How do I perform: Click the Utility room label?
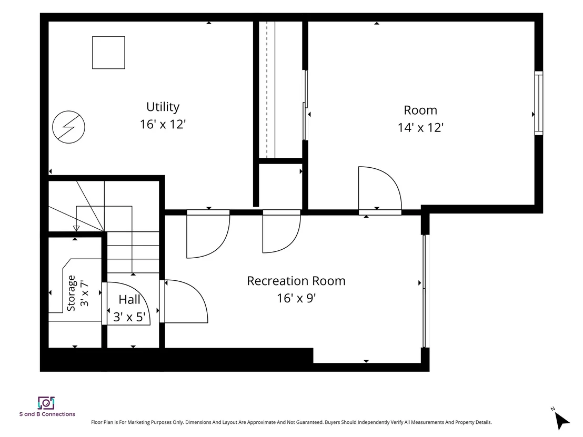pyautogui.click(x=163, y=107)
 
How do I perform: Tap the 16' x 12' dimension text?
pyautogui.click(x=163, y=124)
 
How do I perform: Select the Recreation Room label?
pyautogui.click(x=296, y=281)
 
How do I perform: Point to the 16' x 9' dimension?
pyautogui.click(x=296, y=298)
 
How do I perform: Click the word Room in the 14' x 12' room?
pyautogui.click(x=420, y=110)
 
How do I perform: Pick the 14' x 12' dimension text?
pyautogui.click(x=420, y=127)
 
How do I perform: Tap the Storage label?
pyautogui.click(x=71, y=293)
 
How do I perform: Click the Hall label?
pyautogui.click(x=129, y=300)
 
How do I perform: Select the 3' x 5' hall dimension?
pyautogui.click(x=129, y=317)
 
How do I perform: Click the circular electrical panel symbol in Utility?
pyautogui.click(x=69, y=127)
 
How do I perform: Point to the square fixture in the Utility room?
pyautogui.click(x=108, y=53)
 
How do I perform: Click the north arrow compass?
pyautogui.click(x=561, y=420)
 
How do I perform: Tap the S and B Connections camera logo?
pyautogui.click(x=46, y=403)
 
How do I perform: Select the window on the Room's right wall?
pyautogui.click(x=538, y=103)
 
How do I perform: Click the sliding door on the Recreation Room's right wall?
pyautogui.click(x=424, y=291)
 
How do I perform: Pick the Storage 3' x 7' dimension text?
pyautogui.click(x=84, y=293)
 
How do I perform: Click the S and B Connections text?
pyautogui.click(x=47, y=414)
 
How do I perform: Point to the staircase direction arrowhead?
pyautogui.click(x=76, y=228)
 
